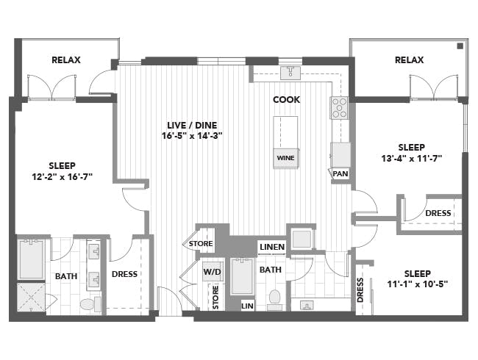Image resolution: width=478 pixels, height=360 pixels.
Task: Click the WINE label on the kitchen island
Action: pyautogui.click(x=285, y=158)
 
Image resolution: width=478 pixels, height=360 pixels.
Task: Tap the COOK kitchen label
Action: pyautogui.click(x=286, y=100)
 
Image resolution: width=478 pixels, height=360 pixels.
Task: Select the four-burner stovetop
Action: pyautogui.click(x=339, y=108)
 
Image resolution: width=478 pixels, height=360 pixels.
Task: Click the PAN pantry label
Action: pyautogui.click(x=340, y=174)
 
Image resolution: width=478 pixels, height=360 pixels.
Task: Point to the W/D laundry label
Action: pyautogui.click(x=212, y=272)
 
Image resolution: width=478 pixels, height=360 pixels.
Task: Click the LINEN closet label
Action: pyautogui.click(x=272, y=247)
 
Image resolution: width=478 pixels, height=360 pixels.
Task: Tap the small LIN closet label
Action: pyautogui.click(x=247, y=306)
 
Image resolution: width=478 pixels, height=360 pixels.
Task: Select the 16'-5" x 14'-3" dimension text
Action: pyautogui.click(x=192, y=135)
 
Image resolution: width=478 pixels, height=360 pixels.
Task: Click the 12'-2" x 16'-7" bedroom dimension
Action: pyautogui.click(x=63, y=176)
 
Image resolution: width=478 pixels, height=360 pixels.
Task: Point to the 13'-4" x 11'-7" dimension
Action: pyautogui.click(x=412, y=159)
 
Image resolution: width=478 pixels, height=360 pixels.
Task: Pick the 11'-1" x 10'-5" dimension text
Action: pyautogui.click(x=418, y=284)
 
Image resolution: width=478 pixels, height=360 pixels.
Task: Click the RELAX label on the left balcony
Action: pyautogui.click(x=66, y=60)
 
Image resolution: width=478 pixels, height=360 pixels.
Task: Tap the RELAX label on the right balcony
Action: pyautogui.click(x=409, y=60)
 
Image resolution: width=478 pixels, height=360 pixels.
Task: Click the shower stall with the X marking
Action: pyautogui.click(x=31, y=297)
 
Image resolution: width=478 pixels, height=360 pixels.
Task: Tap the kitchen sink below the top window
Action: pyautogui.click(x=290, y=73)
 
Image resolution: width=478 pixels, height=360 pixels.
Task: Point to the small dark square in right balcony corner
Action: pyautogui.click(x=460, y=46)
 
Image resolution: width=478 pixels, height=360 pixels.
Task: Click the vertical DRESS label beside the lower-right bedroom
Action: pyautogui.click(x=360, y=289)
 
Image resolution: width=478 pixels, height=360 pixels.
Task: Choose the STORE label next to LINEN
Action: pyautogui.click(x=201, y=244)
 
